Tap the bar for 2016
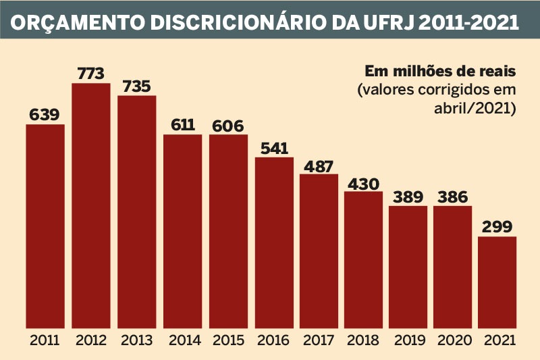[x=274, y=243]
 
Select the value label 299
[x=497, y=226]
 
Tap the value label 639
[x=45, y=114]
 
